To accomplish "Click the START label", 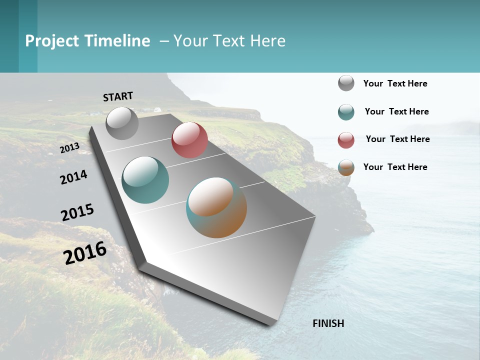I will tap(118, 96).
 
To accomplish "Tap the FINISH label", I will tap(328, 323).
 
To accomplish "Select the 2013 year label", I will tap(69, 148).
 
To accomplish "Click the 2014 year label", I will tap(73, 177).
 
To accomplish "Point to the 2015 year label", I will tap(77, 212).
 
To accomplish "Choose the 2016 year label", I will tap(85, 253).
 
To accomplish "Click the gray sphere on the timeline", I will tap(122, 123).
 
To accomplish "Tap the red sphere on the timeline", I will tap(189, 140).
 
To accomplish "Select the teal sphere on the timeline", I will tap(145, 180).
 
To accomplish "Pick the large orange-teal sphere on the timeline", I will tap(216, 207).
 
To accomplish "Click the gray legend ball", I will tap(346, 83).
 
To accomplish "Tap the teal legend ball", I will tap(346, 112).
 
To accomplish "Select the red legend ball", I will tap(346, 140).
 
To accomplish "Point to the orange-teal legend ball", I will tap(346, 167).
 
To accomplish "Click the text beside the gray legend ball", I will tap(395, 83).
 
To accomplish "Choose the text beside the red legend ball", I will tap(397, 139).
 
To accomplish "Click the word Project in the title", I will tap(52, 41).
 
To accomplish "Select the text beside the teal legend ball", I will tap(396, 111).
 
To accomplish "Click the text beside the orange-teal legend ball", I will tap(395, 167).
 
